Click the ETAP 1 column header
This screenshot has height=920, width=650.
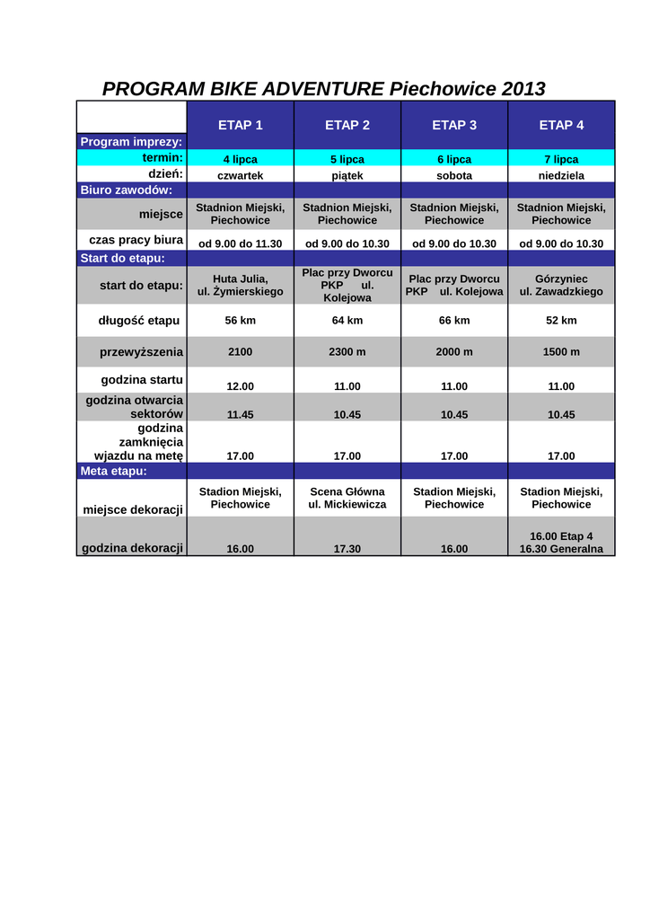tap(240, 125)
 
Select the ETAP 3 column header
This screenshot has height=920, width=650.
tap(454, 125)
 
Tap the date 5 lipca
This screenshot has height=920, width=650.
tap(347, 159)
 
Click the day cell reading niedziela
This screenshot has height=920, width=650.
tap(561, 175)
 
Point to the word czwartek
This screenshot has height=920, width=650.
tap(240, 175)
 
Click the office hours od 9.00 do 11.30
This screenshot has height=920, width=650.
tap(240, 243)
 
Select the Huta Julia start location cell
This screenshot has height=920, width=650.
tap(240, 285)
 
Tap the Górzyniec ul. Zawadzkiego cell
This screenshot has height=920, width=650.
tap(561, 285)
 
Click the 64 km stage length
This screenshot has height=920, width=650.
tap(347, 320)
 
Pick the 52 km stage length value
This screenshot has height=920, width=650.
tap(561, 320)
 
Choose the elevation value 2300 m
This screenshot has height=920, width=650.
tap(347, 351)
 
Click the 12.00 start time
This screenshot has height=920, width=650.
tap(240, 386)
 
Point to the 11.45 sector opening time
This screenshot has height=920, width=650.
tap(240, 414)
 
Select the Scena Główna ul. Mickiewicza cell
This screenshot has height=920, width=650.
tap(347, 498)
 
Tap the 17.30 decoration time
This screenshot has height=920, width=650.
tap(347, 548)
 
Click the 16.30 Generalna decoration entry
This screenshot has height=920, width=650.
tap(561, 549)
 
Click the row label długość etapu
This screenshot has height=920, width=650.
tap(138, 320)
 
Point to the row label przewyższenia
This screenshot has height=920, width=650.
tap(141, 351)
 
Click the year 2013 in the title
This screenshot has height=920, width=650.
tap(523, 89)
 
